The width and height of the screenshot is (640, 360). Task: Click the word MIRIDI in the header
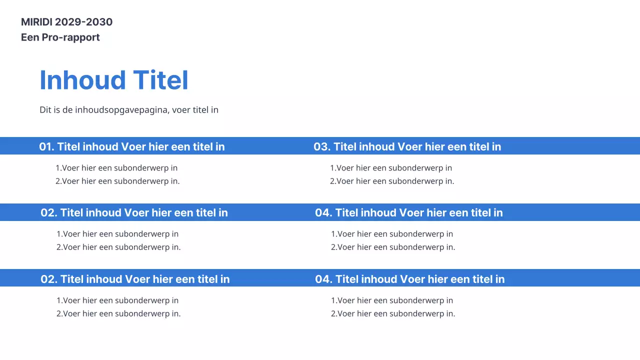coord(36,22)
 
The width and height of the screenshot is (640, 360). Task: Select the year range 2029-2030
coord(83,22)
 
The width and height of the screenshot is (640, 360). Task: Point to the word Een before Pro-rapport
coord(30,37)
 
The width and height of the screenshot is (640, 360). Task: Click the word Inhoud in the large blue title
coord(82,80)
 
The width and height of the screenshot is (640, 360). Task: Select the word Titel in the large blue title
coord(160,80)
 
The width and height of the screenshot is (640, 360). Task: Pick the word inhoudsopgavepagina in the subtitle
coord(121,110)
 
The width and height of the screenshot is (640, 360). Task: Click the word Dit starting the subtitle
coord(45,110)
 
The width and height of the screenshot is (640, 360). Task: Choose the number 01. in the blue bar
coord(46,146)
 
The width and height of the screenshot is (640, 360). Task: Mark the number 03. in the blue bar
coord(322,146)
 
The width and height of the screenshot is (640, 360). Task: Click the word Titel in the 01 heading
coord(69,146)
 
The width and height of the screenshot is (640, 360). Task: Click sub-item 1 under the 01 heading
coord(116,168)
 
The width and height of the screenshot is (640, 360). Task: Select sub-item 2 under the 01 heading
coord(117,181)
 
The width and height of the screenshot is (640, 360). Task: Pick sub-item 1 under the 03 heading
coord(391,168)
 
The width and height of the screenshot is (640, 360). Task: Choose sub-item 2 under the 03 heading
coord(392,181)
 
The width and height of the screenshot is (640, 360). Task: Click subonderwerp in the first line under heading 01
coord(138,168)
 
